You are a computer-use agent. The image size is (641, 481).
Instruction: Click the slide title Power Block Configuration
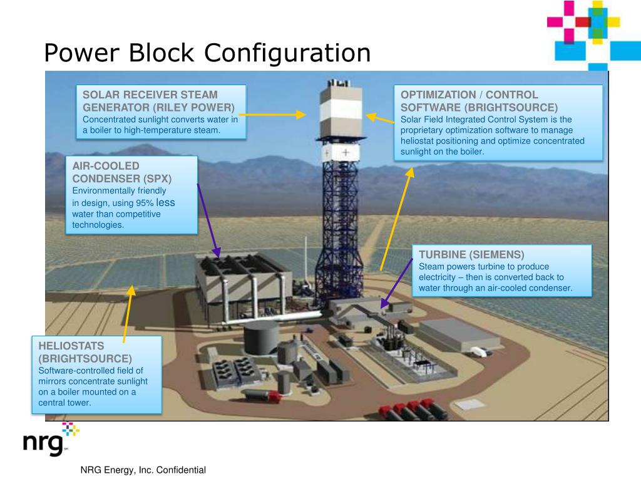click(x=207, y=53)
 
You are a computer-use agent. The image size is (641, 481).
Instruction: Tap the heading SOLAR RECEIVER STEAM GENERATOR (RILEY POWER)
click(x=159, y=101)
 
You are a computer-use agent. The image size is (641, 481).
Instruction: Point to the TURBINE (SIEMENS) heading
click(x=471, y=254)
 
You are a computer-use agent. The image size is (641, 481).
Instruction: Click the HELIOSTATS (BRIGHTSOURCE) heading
click(x=85, y=351)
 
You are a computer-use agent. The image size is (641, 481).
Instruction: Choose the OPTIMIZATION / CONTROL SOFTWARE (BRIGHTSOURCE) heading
click(x=479, y=101)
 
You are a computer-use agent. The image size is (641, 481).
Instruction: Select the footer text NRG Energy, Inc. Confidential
click(x=143, y=470)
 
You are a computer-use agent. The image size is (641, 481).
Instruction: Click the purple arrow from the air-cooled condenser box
click(x=208, y=219)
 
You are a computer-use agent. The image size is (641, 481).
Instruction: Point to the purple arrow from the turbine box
click(x=396, y=281)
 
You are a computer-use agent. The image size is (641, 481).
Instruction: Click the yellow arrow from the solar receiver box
click(x=272, y=115)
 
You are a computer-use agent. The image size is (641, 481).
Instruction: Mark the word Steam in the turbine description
click(x=431, y=266)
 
